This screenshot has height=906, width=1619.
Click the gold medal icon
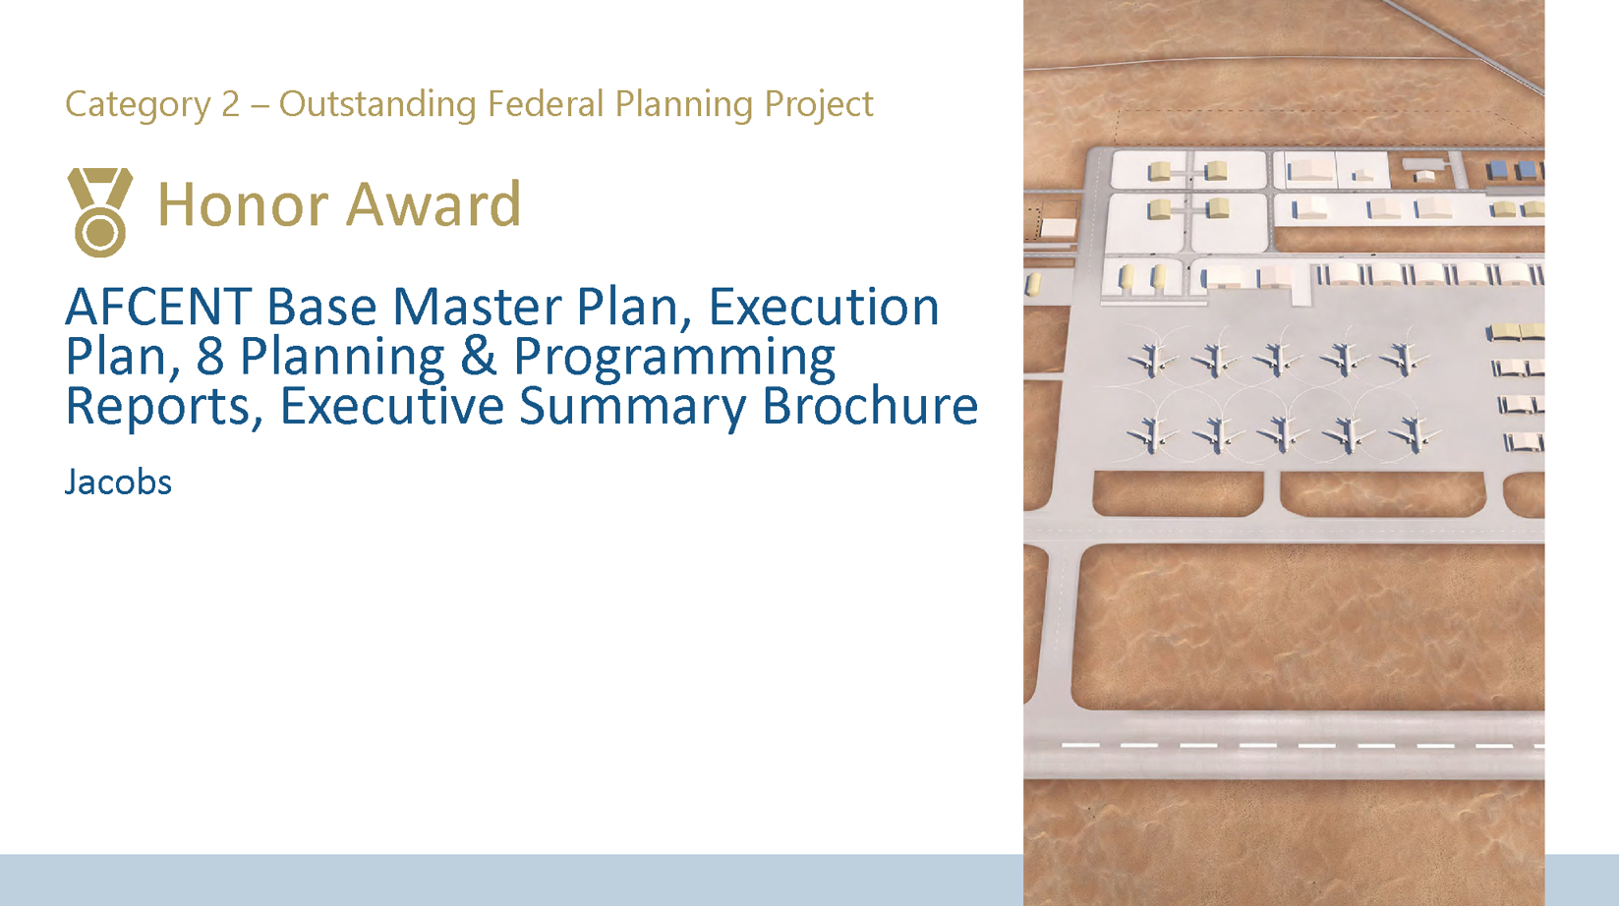99,211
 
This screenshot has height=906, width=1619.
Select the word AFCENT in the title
157,308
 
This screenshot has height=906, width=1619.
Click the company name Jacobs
118,482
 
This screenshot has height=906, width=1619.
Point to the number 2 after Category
230,104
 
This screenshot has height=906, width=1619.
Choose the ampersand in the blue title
478,356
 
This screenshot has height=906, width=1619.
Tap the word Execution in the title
823,308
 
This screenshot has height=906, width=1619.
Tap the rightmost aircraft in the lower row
1412,433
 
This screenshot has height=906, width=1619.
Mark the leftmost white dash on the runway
1080,746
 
